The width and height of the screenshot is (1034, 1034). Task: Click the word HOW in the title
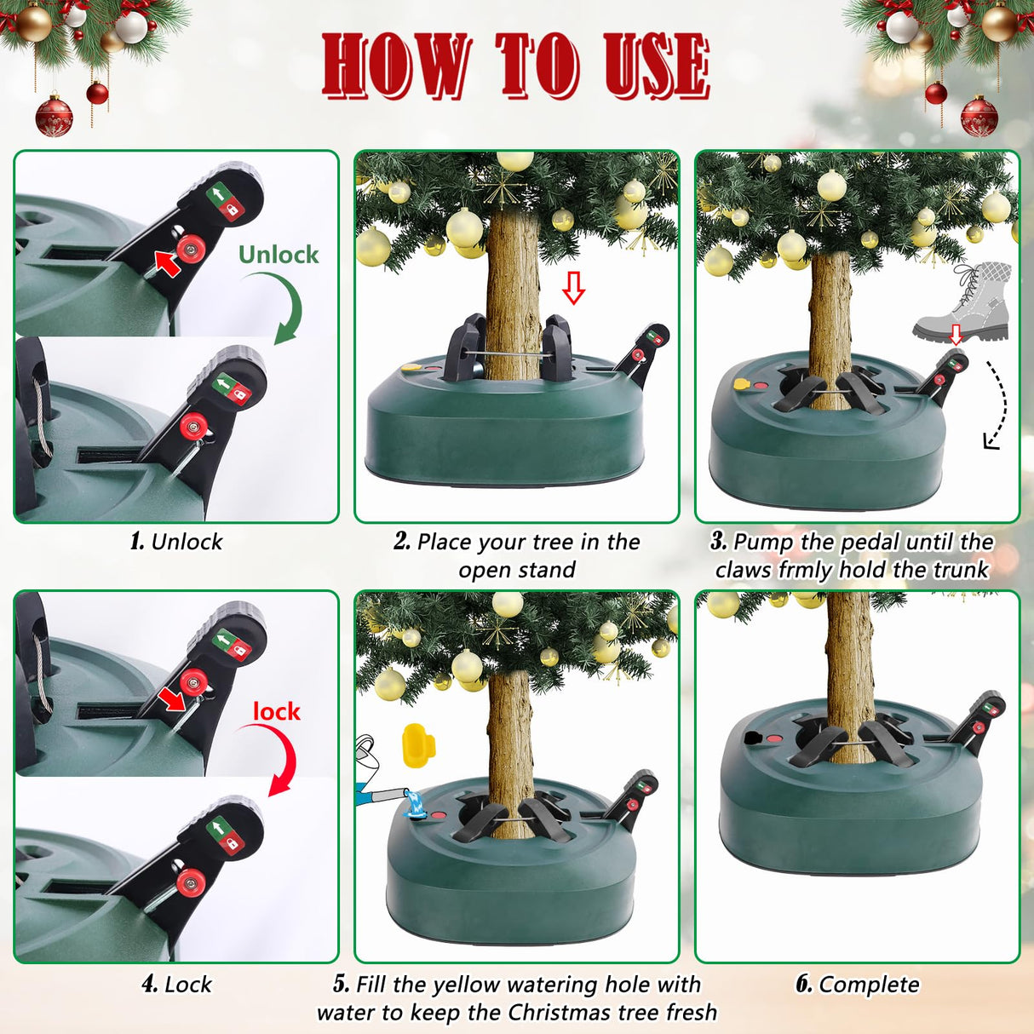(x=395, y=66)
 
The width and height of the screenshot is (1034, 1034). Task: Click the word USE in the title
(x=656, y=66)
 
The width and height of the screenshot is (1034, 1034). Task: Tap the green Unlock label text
(x=278, y=255)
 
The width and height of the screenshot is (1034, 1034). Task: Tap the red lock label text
(x=276, y=711)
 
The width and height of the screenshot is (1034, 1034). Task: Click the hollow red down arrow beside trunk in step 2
(x=574, y=288)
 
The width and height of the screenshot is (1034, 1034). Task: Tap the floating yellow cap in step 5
(x=417, y=744)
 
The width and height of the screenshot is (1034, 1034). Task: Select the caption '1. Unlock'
(x=176, y=542)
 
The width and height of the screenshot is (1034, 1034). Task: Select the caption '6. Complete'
(x=857, y=985)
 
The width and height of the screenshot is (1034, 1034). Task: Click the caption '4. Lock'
(x=176, y=985)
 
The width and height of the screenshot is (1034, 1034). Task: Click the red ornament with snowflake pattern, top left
(x=54, y=117)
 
